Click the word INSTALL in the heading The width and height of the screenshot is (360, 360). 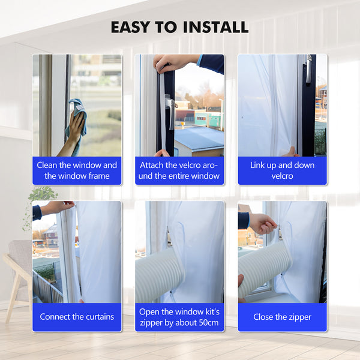point(214,27)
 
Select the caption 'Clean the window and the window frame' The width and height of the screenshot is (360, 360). point(77,170)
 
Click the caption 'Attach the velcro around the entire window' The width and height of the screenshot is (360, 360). point(179,170)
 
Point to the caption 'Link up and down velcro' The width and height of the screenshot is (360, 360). point(282,170)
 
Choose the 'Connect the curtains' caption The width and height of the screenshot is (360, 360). point(77,317)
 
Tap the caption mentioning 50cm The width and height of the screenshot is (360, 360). point(179,317)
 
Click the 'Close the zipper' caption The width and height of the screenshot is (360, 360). point(282,317)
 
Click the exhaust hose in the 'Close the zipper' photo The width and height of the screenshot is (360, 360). point(264,270)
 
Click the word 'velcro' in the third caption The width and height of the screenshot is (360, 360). point(282,176)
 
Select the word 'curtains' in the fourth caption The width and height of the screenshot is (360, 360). point(96,317)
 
